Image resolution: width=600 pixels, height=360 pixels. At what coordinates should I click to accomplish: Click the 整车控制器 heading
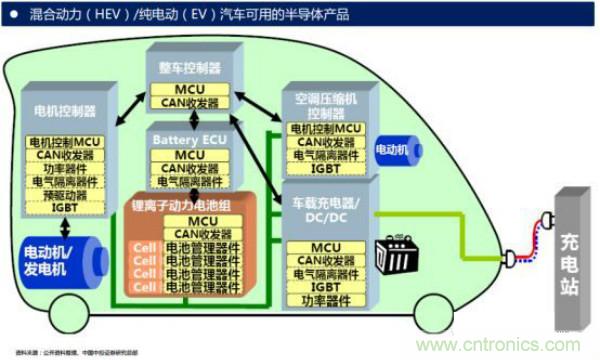click(x=189, y=68)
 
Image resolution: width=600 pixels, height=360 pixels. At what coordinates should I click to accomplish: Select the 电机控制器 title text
click(x=66, y=110)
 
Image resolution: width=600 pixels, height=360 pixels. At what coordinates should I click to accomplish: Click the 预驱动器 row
click(x=66, y=196)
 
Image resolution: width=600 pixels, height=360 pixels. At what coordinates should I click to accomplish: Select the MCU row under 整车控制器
click(x=189, y=89)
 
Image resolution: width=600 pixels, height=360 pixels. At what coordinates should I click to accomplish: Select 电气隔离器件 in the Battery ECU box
click(x=189, y=183)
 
